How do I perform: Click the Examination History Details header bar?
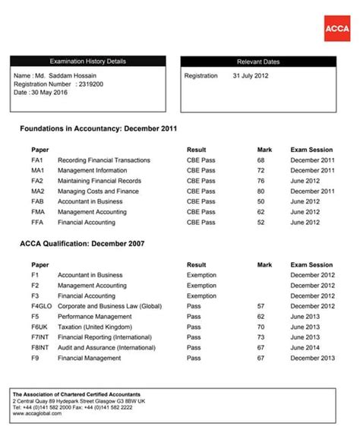[87, 61]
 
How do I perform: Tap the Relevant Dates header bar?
[258, 62]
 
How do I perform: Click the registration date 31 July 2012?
[250, 76]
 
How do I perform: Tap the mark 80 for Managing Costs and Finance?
[261, 191]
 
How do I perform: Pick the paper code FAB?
[37, 202]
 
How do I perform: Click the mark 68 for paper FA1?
[261, 160]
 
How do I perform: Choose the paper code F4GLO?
[42, 306]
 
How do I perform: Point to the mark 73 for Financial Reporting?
[261, 337]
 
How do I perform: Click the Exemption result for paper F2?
[201, 286]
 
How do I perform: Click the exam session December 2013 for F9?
[312, 358]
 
